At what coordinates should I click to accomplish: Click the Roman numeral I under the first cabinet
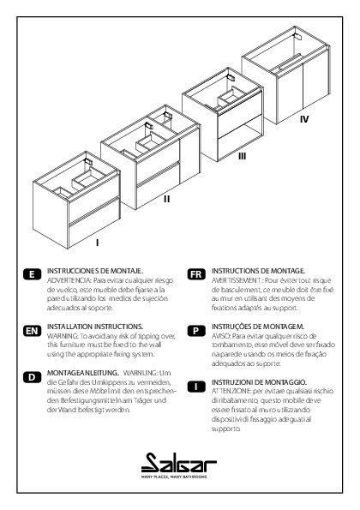(x=97, y=243)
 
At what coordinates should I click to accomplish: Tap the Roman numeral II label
(x=166, y=199)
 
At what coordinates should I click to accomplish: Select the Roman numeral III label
(x=242, y=156)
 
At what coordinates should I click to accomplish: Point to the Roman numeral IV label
(x=304, y=119)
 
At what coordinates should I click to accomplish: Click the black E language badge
(x=33, y=274)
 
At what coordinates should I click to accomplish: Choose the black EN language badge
(x=33, y=331)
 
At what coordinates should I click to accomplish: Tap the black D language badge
(x=33, y=377)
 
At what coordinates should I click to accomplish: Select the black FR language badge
(x=196, y=274)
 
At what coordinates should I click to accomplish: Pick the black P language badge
(x=196, y=331)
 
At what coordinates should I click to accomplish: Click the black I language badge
(x=196, y=387)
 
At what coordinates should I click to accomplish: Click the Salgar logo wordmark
(x=179, y=463)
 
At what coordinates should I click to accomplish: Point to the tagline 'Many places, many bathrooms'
(x=174, y=477)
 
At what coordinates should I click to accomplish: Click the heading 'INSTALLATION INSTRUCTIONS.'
(x=95, y=327)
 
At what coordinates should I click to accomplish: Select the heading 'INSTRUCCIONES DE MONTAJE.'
(x=95, y=271)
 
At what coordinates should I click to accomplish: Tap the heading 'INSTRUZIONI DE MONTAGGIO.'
(x=259, y=381)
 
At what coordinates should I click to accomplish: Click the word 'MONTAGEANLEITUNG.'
(x=83, y=373)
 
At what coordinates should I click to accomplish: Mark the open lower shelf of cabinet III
(x=240, y=142)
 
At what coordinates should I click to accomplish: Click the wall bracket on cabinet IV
(x=298, y=36)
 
